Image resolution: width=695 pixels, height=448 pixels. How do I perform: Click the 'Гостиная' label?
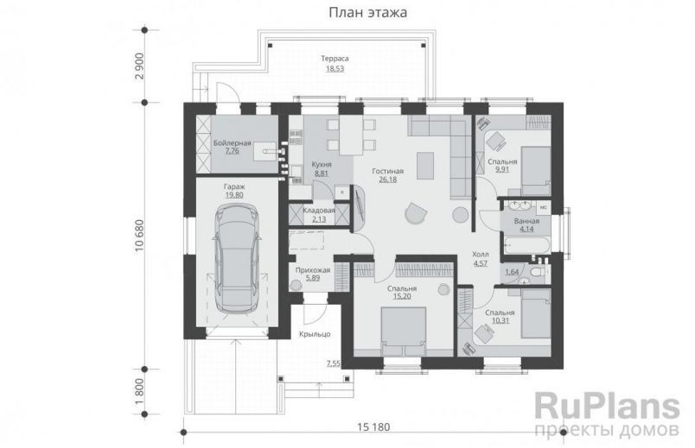click(388, 171)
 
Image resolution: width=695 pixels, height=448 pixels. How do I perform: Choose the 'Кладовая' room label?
click(319, 210)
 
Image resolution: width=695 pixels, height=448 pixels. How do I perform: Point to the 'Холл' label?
click(480, 256)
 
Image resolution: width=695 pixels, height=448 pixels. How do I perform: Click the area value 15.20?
click(402, 296)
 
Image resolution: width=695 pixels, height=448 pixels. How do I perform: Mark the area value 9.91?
click(501, 170)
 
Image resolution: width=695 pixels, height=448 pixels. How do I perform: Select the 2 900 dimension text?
click(139, 75)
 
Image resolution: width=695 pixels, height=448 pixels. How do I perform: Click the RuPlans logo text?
click(602, 404)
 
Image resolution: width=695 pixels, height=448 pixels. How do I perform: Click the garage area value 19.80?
click(233, 196)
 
